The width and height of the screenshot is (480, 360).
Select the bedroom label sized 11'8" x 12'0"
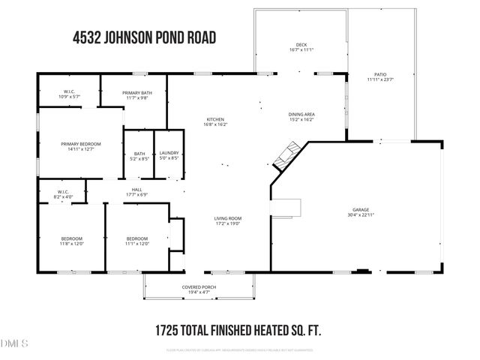pyautogui.click(x=72, y=241)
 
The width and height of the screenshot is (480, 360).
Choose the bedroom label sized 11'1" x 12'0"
pyautogui.click(x=137, y=241)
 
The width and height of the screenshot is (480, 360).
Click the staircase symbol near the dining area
pyautogui.click(x=287, y=155)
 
